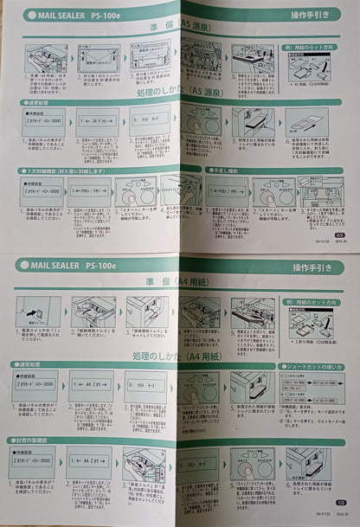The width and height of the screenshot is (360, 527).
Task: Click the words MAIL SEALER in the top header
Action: pos(62,15)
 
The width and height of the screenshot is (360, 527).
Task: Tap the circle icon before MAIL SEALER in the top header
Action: pos(24,15)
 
